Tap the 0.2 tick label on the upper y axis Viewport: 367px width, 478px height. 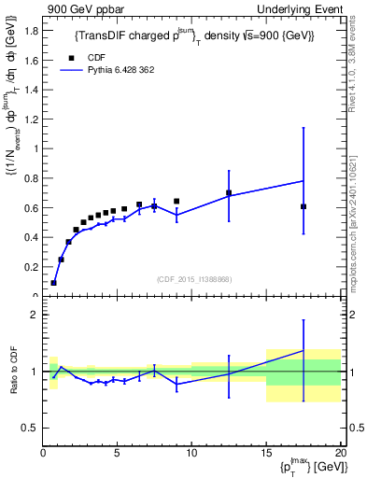coord(31,267)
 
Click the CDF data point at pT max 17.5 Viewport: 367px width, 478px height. coord(303,206)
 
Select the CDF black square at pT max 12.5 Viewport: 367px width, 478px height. coord(229,192)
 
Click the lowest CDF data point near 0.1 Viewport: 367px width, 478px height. coord(53,282)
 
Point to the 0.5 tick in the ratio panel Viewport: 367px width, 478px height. coord(29,428)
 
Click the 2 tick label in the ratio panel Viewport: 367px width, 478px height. coord(34,316)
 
